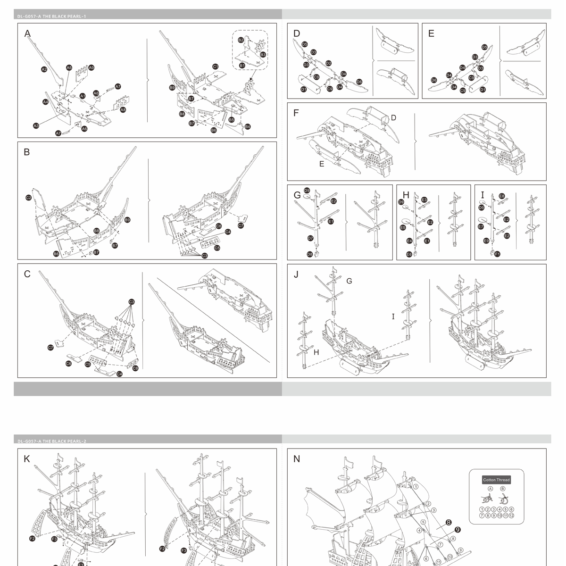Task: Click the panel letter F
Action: point(296,113)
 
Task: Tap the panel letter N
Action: point(297,459)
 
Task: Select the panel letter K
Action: point(27,459)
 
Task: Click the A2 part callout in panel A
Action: point(44,69)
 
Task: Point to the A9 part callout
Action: point(92,67)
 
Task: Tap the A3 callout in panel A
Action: point(36,125)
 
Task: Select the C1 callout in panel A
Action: point(216,67)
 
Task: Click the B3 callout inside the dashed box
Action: point(263,55)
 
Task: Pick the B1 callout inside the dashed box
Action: point(242,66)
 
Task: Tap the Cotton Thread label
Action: point(497,480)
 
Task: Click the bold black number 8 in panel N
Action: point(449,523)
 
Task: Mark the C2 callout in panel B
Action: point(28,198)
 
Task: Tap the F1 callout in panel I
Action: point(497,254)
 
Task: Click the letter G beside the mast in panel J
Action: point(349,281)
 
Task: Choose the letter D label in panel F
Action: point(393,118)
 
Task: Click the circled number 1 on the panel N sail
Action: point(416,486)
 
